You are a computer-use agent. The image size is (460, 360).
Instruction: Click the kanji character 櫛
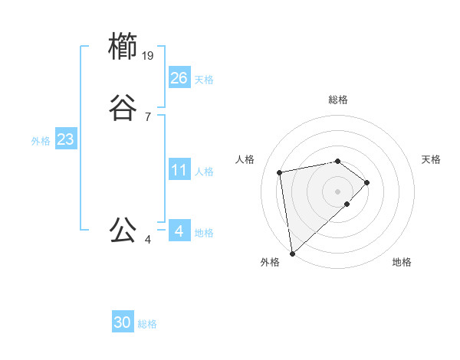point(123,47)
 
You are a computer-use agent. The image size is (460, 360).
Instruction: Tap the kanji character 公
point(123,230)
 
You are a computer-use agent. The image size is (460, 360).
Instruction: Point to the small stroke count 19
point(149,55)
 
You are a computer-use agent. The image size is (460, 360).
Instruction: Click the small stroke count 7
point(147,116)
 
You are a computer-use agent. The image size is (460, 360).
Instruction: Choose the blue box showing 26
point(179,78)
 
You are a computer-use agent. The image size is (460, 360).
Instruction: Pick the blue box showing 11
point(179,170)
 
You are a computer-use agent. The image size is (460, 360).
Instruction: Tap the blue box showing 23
point(65,140)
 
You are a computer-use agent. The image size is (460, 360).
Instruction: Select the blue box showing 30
point(123,323)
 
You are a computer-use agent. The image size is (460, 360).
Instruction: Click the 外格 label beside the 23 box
point(41,141)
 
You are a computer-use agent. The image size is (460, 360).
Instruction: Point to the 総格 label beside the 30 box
point(147,324)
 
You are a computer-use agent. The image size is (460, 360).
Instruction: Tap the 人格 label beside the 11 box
point(205,172)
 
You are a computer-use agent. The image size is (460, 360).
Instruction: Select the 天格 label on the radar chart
point(431,159)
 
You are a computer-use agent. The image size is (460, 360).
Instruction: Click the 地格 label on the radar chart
point(402,262)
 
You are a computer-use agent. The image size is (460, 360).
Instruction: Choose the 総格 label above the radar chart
point(338,100)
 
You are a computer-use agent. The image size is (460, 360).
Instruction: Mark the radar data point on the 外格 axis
point(292,253)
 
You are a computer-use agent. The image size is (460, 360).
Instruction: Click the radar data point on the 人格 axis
point(280,172)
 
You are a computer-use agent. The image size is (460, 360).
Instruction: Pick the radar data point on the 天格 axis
point(367,182)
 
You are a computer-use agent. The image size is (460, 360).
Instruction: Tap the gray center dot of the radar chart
point(338,191)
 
